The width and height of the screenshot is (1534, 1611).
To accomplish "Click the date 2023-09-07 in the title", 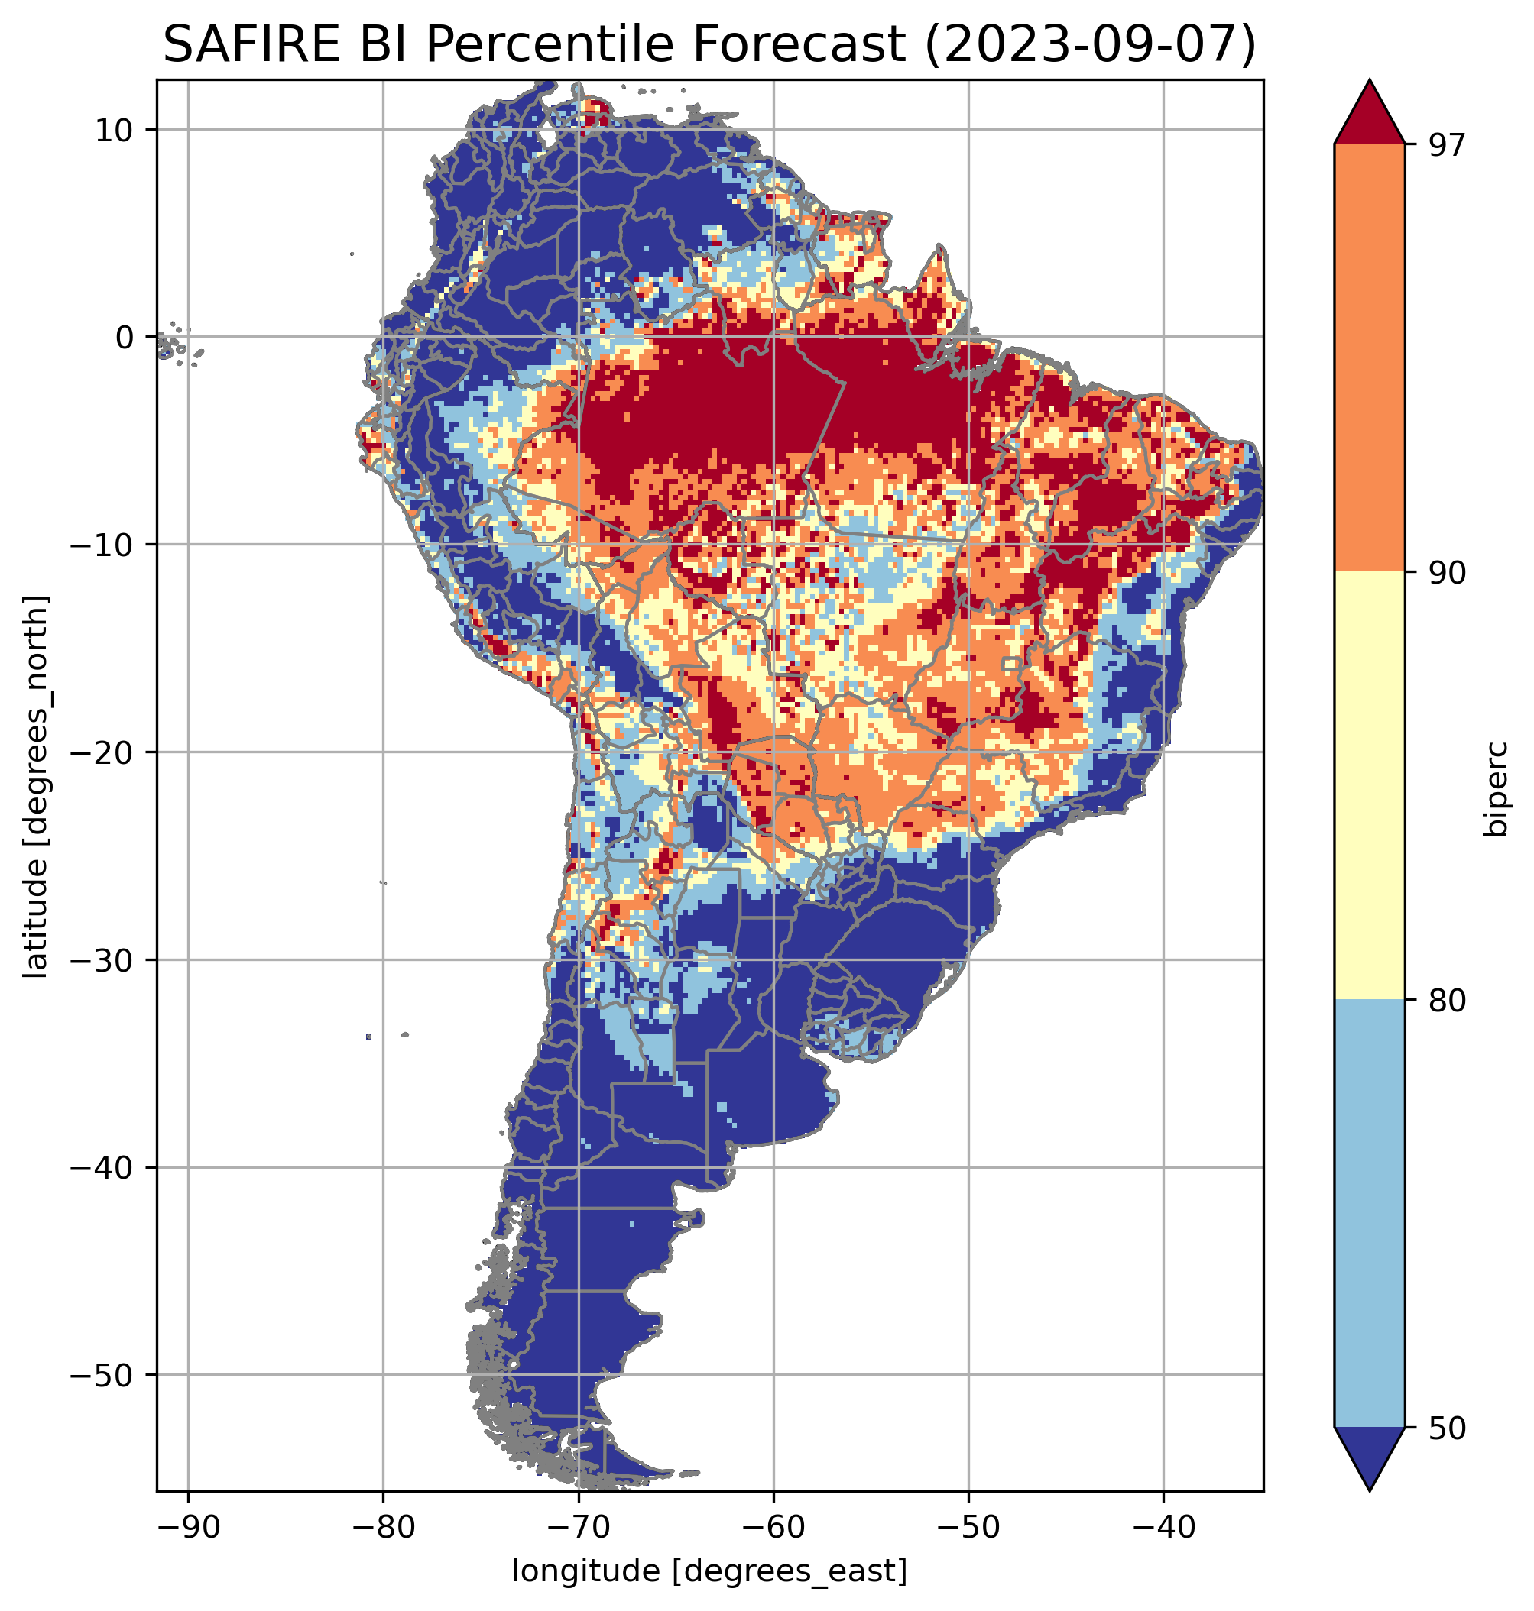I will [1088, 44].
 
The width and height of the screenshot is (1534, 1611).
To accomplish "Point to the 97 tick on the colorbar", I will [1447, 144].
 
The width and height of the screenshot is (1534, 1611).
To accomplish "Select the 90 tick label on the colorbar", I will [1447, 573].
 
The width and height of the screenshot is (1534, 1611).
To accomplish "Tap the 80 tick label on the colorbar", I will [1447, 1001].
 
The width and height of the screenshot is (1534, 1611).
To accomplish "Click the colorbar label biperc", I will [1497, 789].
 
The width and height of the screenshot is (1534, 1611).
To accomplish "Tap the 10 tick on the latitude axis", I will [115, 130].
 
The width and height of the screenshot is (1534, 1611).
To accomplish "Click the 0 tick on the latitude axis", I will [125, 337].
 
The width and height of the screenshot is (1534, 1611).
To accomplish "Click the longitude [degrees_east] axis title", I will [709, 1571].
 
